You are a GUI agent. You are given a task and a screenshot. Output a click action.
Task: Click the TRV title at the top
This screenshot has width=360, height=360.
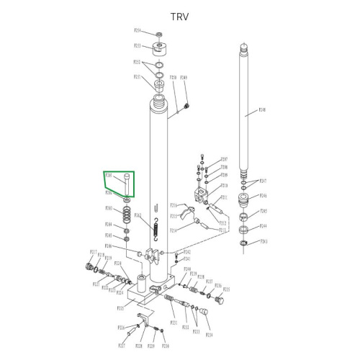pyautogui.click(x=179, y=17)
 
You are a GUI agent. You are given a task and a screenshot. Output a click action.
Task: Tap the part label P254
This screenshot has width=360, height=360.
pyautogui.click(x=138, y=31)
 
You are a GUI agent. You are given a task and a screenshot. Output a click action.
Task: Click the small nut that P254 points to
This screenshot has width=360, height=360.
pyautogui.click(x=160, y=34)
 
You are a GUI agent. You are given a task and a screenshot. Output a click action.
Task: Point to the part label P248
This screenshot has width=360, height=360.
pyautogui.click(x=262, y=110)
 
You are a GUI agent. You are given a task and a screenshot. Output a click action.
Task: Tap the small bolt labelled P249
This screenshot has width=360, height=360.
pyautogui.click(x=186, y=107)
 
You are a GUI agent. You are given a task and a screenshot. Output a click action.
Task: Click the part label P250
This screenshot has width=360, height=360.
pyautogui.click(x=173, y=77)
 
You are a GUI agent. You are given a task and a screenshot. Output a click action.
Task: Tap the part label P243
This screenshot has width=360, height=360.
pyautogui.click(x=264, y=242)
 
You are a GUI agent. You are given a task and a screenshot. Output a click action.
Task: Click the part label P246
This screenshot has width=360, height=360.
pyautogui.click(x=264, y=196)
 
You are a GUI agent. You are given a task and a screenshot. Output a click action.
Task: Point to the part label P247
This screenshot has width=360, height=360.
pyautogui.click(x=264, y=181)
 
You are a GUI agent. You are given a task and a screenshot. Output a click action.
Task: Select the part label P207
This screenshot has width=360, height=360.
pyautogui.click(x=224, y=159)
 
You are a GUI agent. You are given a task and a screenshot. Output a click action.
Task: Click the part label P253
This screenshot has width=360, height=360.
pyautogui.click(x=138, y=45)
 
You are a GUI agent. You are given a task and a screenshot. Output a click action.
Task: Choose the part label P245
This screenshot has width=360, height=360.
pyautogui.click(x=264, y=212)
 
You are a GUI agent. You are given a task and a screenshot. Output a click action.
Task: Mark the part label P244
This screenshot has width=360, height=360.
pyautogui.click(x=264, y=226)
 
